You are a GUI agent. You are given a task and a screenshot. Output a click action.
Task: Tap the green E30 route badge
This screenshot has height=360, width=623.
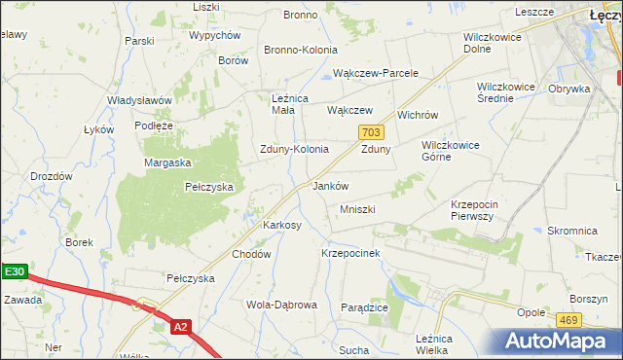13,273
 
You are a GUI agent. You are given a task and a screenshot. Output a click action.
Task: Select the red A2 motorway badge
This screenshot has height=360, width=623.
179,328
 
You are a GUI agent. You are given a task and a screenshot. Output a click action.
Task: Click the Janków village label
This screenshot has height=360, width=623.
330,185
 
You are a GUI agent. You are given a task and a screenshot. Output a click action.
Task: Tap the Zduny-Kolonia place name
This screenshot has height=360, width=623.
293,149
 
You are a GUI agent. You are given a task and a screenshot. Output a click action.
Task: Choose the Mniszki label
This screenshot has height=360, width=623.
357,209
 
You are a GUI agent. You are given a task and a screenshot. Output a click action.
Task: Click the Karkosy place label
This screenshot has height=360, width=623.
282,225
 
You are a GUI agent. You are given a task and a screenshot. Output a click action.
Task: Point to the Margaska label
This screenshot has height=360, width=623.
168,162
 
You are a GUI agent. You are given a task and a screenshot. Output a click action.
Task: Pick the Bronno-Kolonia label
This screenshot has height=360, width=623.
301,50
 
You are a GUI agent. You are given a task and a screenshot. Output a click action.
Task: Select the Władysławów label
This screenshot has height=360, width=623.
140,100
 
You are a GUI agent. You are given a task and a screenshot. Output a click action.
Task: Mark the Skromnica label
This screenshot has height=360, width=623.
571,231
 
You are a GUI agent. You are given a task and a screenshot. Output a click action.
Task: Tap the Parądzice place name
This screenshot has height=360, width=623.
365,306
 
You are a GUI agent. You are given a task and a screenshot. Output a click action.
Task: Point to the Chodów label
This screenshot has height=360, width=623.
250,254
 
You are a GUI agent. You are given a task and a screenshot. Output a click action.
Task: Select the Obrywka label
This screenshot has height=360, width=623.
569,89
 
